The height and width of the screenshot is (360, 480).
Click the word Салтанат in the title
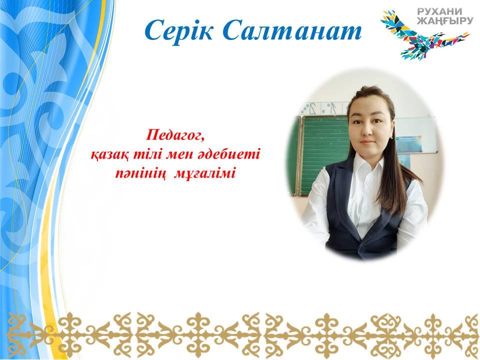coord(292,31)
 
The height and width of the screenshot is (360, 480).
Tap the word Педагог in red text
coord(175,135)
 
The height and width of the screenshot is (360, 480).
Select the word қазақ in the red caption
coord(111,154)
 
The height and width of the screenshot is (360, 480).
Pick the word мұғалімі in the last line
coord(205,173)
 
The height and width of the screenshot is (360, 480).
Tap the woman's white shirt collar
coord(367,164)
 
